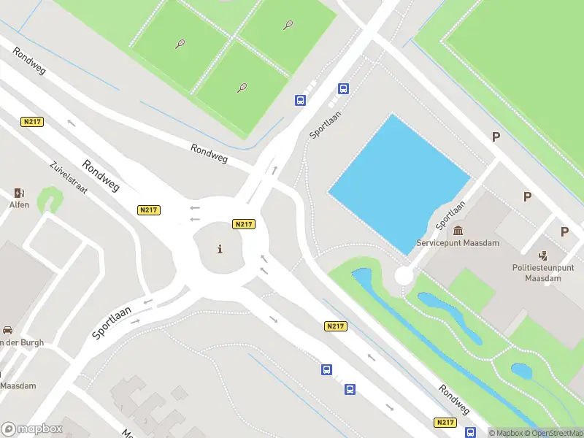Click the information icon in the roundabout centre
[220, 250]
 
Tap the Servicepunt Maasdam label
[458, 242]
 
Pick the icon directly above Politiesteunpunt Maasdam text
[543, 255]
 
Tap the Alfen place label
[19, 205]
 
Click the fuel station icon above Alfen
[19, 193]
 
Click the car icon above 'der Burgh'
[7, 330]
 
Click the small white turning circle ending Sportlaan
[404, 275]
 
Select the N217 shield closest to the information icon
[243, 224]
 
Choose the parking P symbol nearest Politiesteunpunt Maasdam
[564, 231]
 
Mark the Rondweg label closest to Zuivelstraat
[101, 176]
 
